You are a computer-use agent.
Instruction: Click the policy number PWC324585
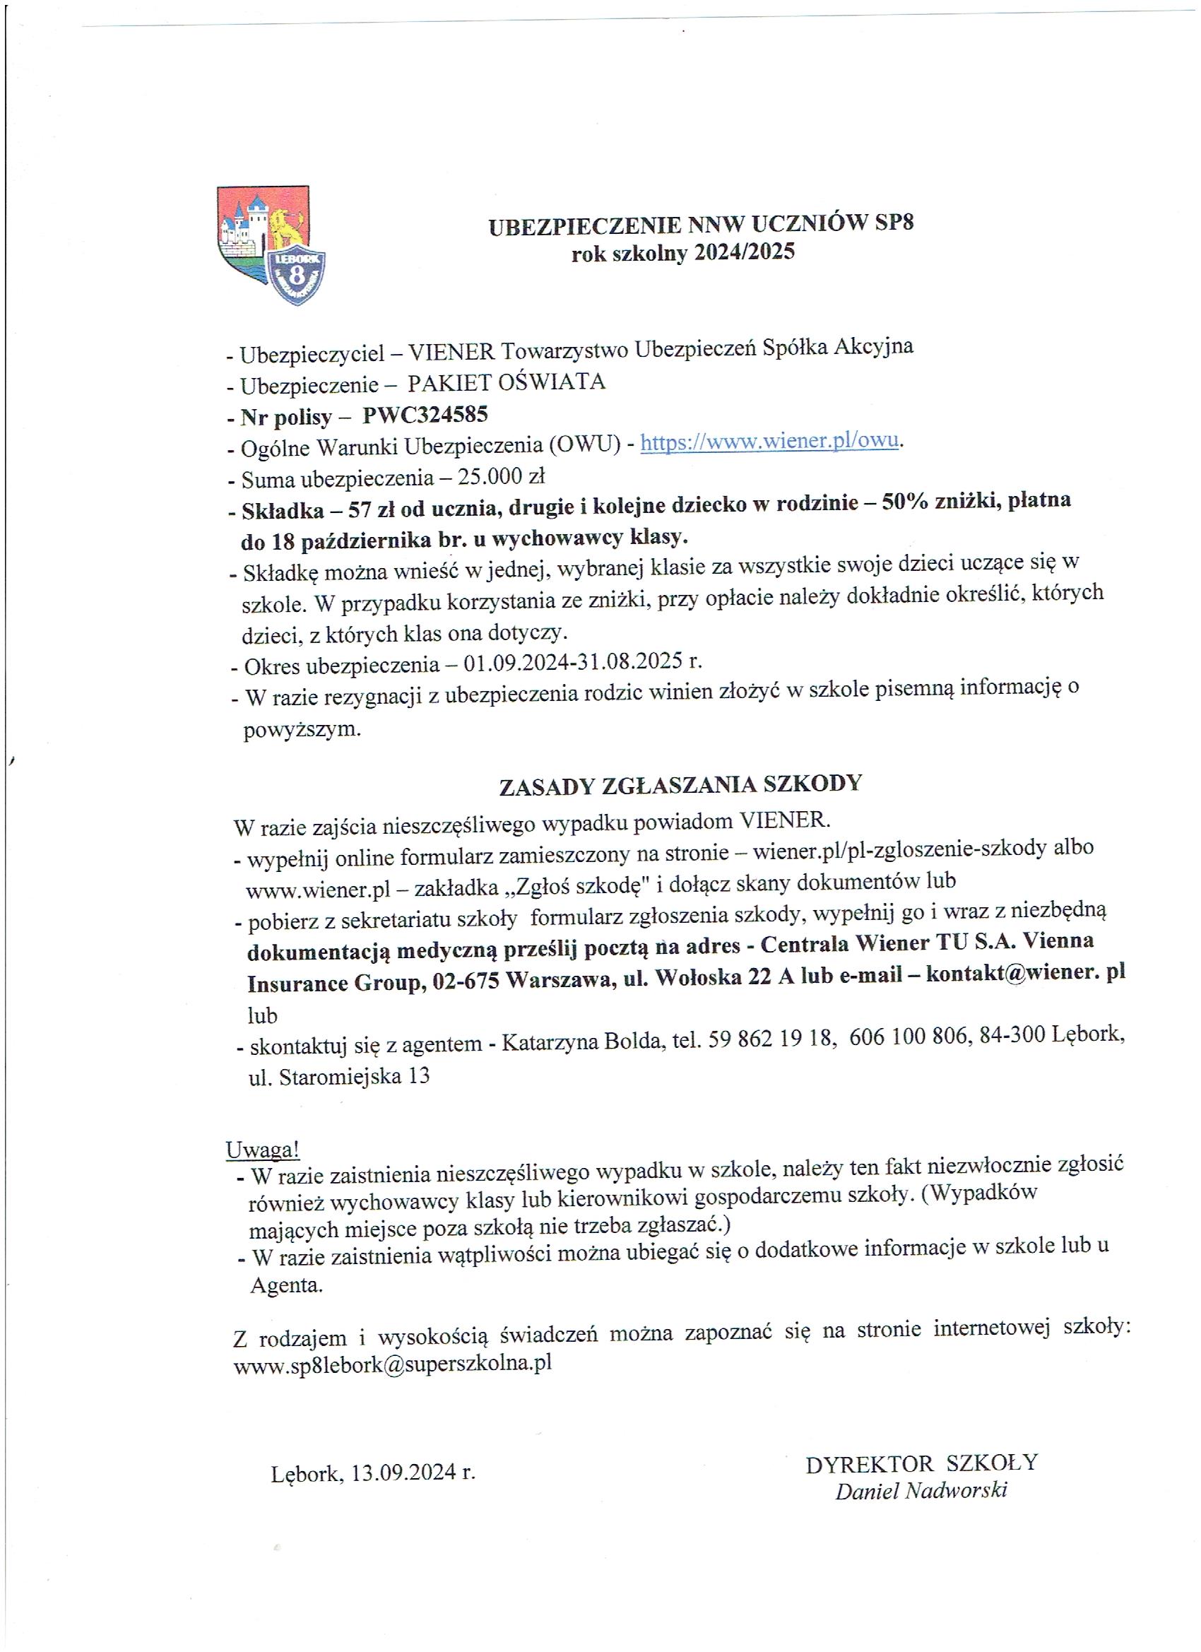click(x=425, y=415)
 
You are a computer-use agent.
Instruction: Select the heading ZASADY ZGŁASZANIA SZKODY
click(x=680, y=784)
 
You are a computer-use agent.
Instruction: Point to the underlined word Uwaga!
click(x=263, y=1149)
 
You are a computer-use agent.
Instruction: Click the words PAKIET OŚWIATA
click(x=506, y=382)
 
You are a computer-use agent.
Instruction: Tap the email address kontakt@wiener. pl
click(x=1026, y=974)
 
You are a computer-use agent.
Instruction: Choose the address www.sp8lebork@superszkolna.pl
click(x=392, y=1364)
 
